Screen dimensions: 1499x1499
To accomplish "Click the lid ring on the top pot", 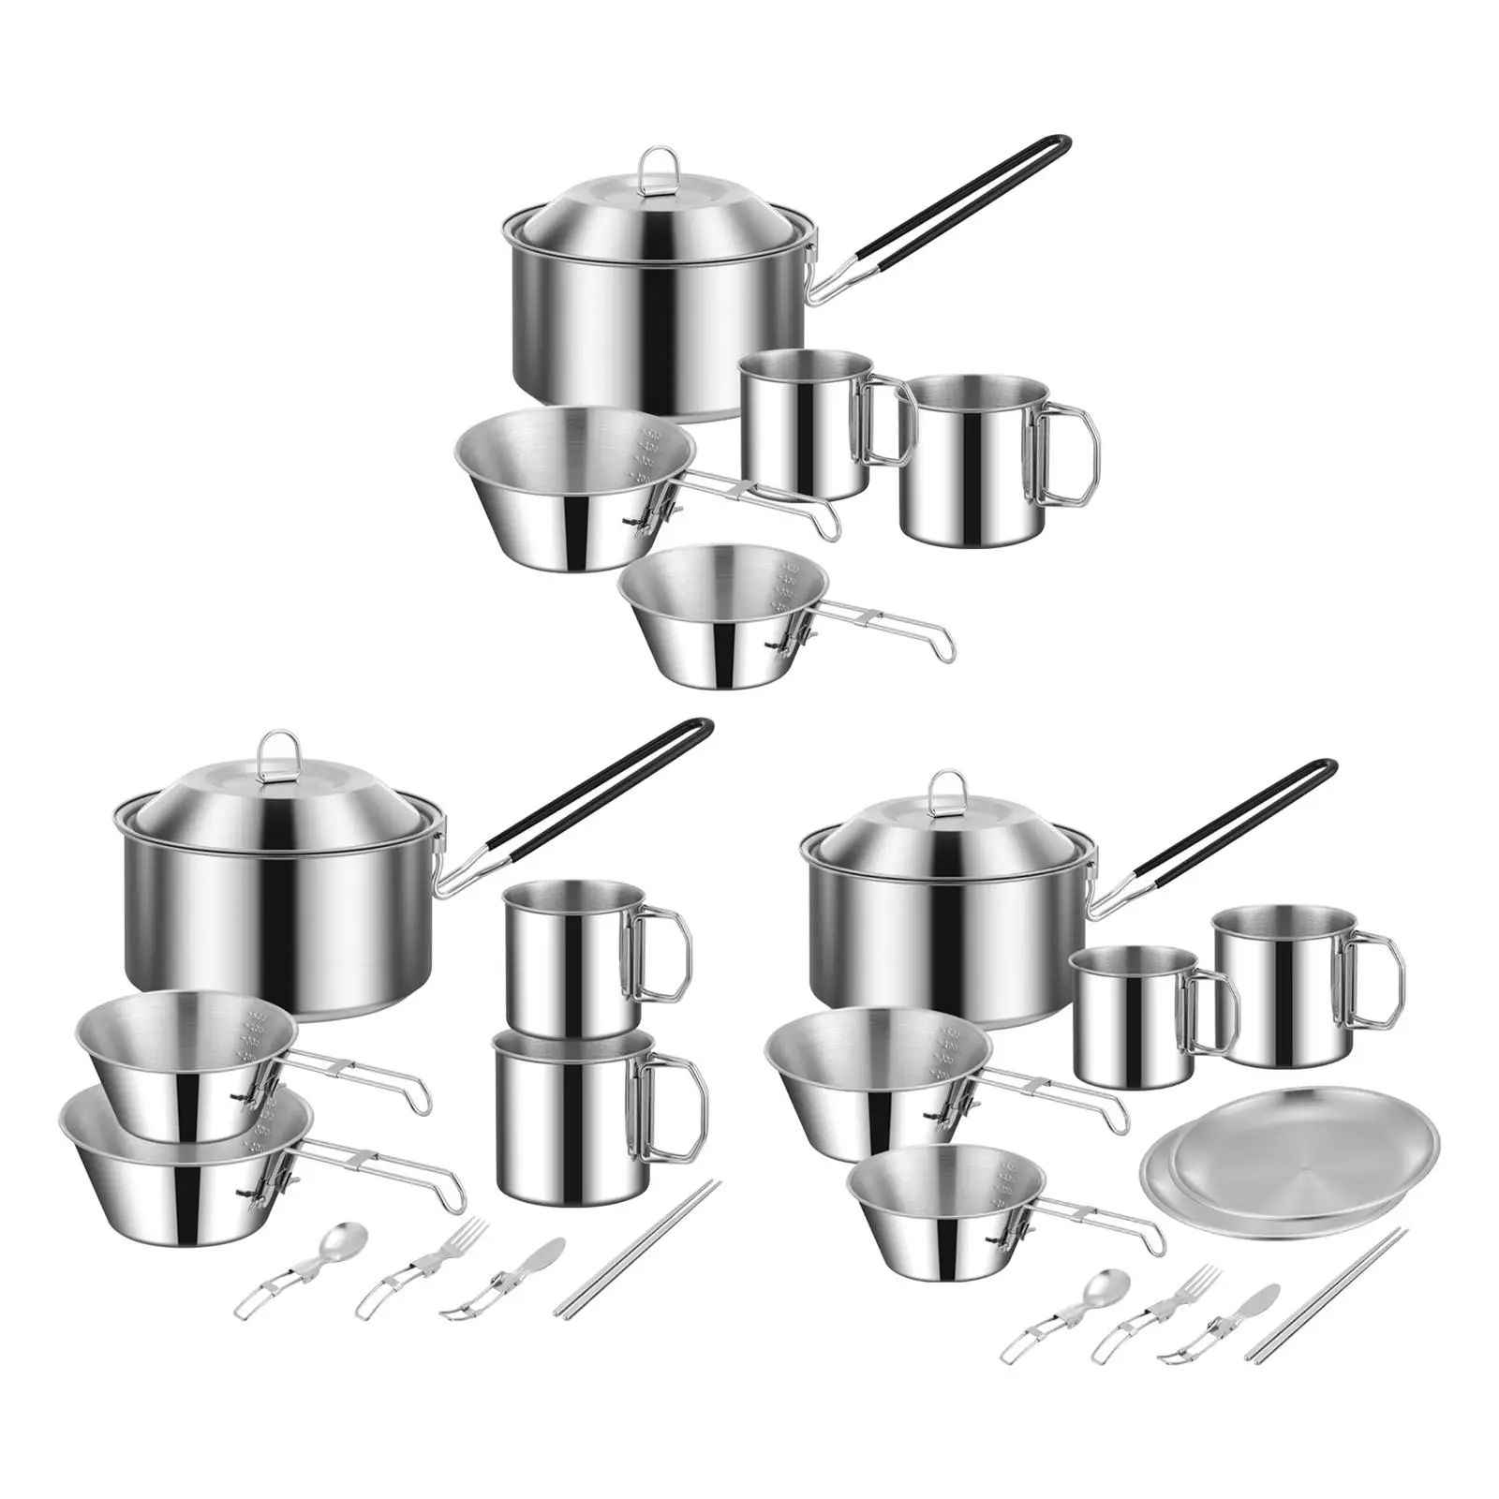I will [x=659, y=163].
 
